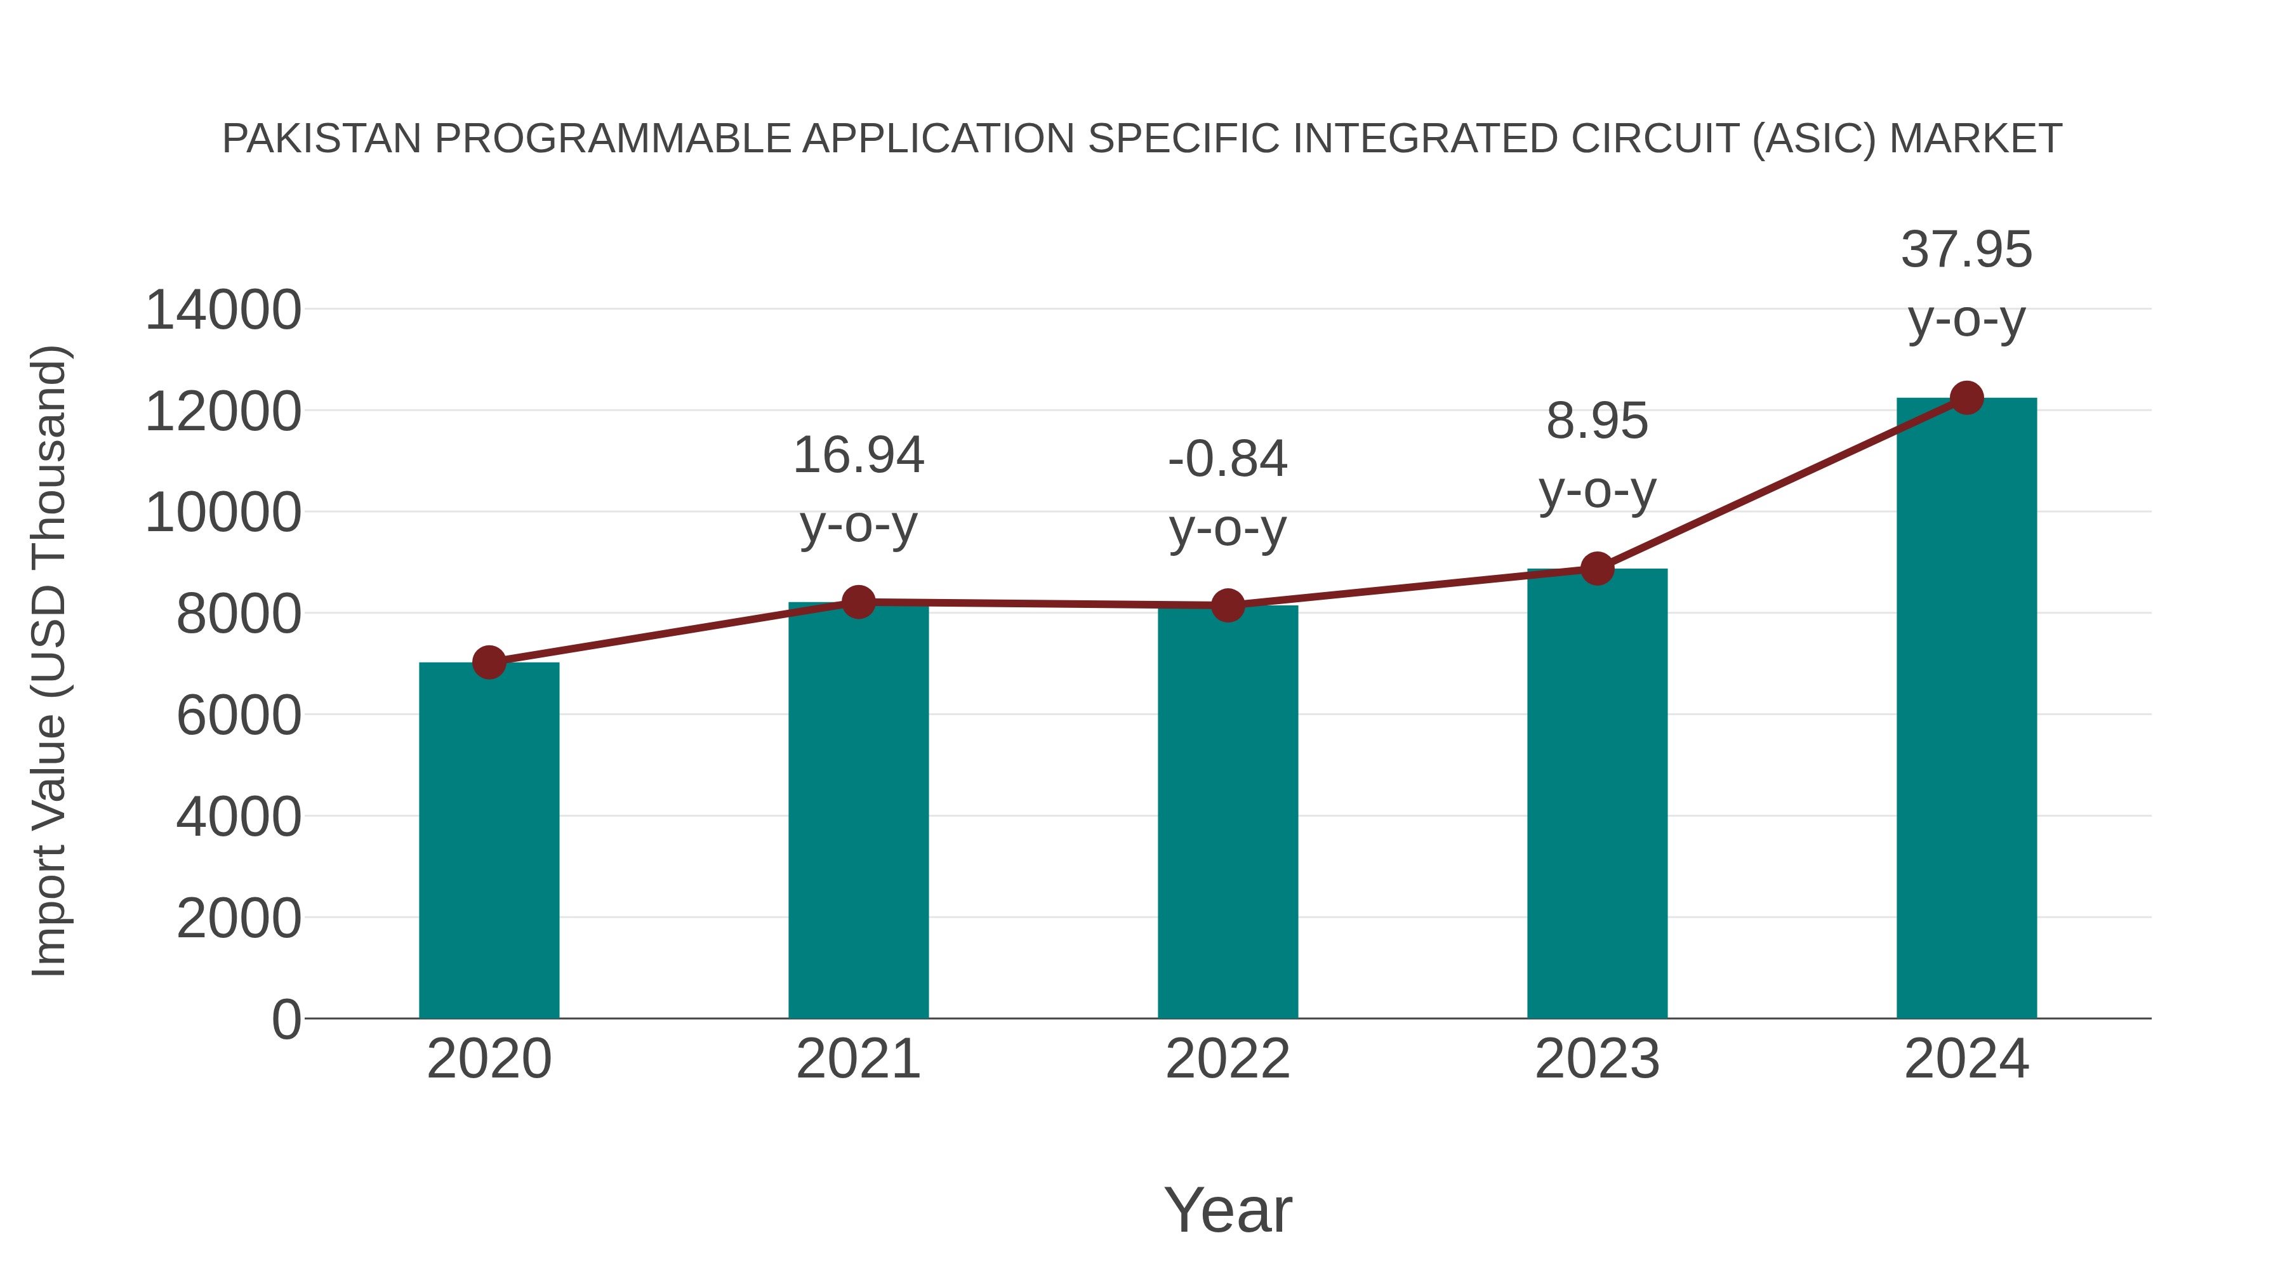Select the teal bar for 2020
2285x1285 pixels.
pos(489,843)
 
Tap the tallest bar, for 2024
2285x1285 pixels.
pos(1966,709)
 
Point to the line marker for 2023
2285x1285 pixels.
pos(1598,569)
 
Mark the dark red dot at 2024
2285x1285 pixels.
pos(1966,398)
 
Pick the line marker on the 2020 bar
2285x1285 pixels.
pos(489,662)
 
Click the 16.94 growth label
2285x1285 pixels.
pos(858,456)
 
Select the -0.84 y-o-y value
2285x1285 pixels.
pos(1228,459)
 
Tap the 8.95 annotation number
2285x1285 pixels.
pos(1597,421)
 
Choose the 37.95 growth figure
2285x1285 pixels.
pos(1966,250)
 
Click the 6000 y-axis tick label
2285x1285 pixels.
pos(239,716)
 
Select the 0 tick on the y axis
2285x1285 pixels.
pos(286,1019)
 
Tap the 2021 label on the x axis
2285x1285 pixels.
pos(858,1059)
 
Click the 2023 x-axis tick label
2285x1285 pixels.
pos(1597,1059)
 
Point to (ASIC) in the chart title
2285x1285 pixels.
pos(1815,139)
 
